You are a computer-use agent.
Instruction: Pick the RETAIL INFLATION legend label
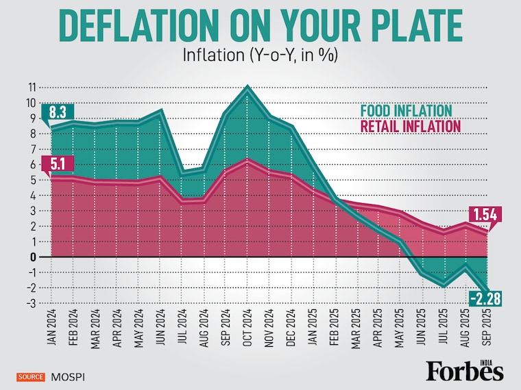click(411, 127)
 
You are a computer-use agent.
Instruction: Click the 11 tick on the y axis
click(32, 88)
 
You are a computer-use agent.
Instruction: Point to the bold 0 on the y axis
click(32, 257)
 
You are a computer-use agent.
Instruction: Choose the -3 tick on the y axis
click(31, 303)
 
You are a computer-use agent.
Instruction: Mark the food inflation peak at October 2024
click(247, 87)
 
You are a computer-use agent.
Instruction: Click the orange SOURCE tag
click(31, 376)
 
